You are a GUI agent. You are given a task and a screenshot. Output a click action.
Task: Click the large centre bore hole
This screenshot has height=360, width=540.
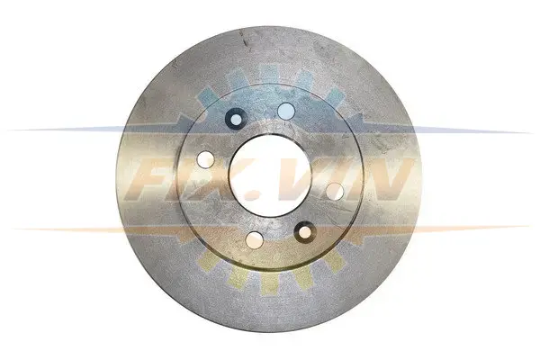[271, 175]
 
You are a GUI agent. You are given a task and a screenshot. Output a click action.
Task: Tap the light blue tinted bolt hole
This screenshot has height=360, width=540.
[286, 111]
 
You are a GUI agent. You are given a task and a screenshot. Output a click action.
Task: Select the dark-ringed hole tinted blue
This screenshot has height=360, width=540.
[236, 119]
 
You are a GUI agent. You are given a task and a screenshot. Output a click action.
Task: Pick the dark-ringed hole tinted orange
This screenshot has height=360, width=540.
[305, 232]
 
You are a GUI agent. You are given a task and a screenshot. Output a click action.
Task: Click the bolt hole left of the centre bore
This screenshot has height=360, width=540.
[205, 159]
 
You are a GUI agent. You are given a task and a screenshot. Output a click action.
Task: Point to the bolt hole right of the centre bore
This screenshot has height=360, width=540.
[335, 192]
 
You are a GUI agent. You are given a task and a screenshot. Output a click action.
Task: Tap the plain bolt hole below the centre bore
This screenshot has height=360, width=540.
[255, 239]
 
